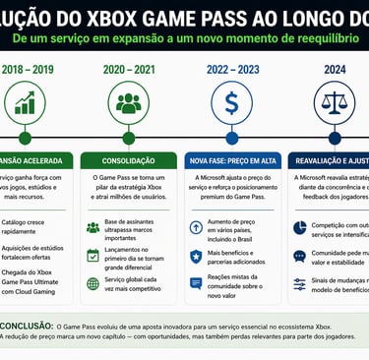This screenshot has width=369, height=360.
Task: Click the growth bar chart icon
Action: pos(25,102)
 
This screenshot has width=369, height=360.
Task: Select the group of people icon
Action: pos(128,102)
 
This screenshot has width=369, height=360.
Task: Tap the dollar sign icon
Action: pos(232,102)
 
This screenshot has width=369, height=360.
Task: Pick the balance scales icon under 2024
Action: pos(337,102)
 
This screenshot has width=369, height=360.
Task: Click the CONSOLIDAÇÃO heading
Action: pos(128,159)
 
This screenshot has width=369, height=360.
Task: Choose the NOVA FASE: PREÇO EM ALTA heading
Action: pos(232,159)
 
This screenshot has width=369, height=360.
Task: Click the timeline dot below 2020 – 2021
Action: pos(128,138)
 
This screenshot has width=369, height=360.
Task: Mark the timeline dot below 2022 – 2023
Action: pos(232,138)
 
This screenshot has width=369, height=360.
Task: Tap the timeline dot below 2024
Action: pos(337,138)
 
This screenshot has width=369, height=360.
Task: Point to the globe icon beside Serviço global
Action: pos(92,282)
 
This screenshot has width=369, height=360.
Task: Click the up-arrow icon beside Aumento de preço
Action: pos(196,227)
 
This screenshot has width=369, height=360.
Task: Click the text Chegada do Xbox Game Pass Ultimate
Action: pos(39,282)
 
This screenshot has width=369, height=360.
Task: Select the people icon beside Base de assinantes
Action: pos(92,227)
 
